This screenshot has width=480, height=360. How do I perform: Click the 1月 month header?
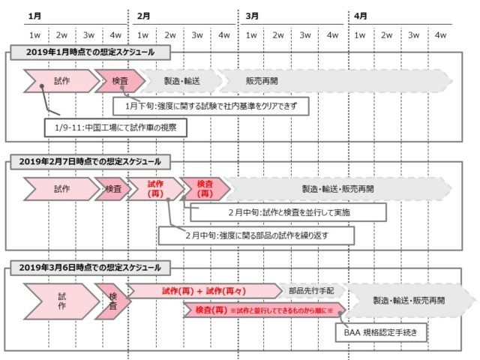34,16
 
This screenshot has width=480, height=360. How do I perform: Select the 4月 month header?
360,16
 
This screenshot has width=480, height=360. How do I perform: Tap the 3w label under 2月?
197,35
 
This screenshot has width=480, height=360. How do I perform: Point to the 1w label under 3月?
251,35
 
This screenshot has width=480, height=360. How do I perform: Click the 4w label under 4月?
440,35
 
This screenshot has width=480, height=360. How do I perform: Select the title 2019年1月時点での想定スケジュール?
90,52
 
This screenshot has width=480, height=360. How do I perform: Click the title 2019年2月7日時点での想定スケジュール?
90,162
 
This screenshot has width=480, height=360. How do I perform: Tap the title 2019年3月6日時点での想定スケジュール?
90,268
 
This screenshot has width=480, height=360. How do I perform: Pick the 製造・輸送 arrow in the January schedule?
181,81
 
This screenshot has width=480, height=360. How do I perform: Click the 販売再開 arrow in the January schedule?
335,81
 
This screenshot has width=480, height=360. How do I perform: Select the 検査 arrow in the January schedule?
120,81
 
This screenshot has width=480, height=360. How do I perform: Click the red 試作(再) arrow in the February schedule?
155,189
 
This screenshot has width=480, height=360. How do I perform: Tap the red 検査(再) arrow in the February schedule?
205,189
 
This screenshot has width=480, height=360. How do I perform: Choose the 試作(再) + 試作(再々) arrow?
204,291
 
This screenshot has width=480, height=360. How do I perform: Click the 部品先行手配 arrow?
311,291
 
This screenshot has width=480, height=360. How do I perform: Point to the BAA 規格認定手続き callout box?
381,332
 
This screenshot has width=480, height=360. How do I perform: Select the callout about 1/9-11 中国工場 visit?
115,127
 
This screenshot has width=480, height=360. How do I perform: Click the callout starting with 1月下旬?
211,106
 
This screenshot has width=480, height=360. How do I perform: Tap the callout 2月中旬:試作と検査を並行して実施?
288,212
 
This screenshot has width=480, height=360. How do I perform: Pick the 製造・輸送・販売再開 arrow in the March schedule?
409,300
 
